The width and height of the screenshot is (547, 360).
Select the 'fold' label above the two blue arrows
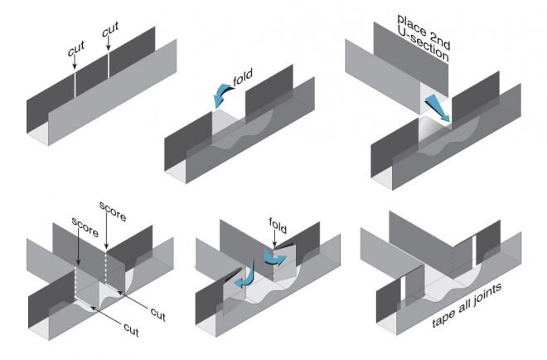tap(278, 223)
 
